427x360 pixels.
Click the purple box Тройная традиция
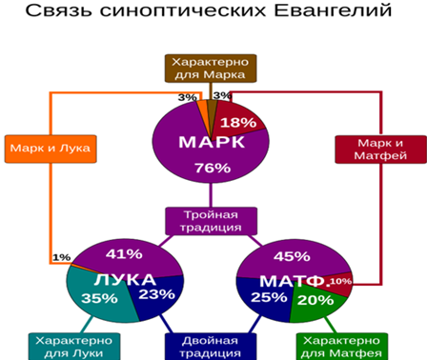(212, 221)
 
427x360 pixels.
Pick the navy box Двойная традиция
(212, 346)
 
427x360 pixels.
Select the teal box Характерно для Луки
(72, 346)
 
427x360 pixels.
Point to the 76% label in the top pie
(213, 168)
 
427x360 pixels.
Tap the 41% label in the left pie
(124, 254)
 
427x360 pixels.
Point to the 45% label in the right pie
(292, 255)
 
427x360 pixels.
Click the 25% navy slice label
(270, 297)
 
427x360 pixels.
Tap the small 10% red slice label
(340, 282)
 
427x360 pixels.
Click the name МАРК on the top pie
(212, 142)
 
